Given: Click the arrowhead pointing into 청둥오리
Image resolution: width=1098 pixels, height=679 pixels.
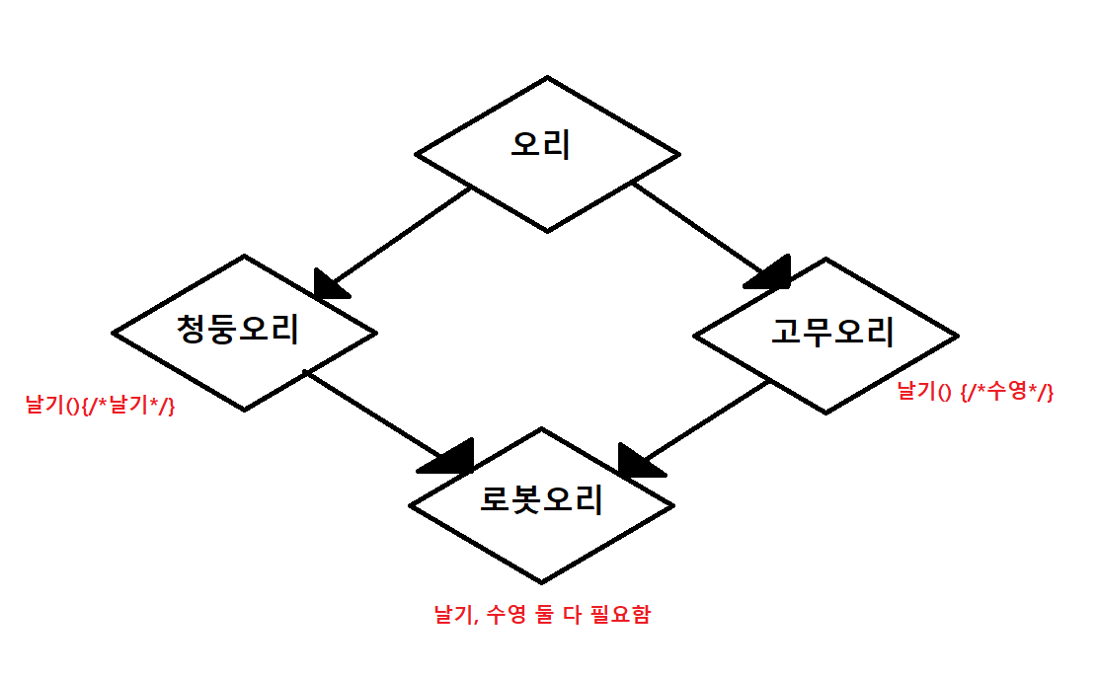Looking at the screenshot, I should [329, 283].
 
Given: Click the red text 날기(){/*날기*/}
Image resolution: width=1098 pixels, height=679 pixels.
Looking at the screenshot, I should [100, 405].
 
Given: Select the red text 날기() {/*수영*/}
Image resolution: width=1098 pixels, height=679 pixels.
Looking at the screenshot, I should [976, 392].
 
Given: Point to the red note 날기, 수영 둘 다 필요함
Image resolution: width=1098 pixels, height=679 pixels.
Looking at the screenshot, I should [542, 615].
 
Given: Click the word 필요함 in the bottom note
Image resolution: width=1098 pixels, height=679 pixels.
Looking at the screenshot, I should [621, 615].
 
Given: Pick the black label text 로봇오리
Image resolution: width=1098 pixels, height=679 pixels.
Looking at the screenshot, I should [541, 500].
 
